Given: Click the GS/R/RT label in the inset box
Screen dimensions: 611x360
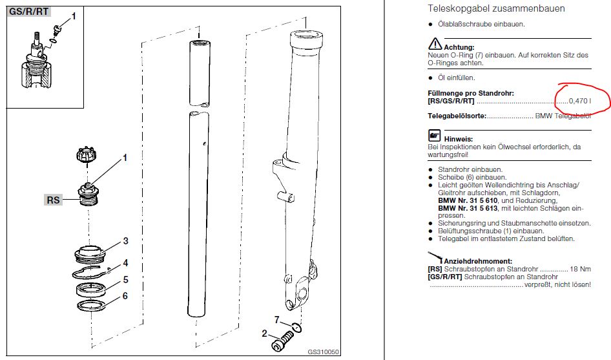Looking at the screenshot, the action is click(x=29, y=12).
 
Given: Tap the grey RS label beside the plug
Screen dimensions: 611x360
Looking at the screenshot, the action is click(x=53, y=200).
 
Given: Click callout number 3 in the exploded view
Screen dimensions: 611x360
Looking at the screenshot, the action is click(x=125, y=241).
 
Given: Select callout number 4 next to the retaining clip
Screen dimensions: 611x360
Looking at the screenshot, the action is click(x=125, y=263).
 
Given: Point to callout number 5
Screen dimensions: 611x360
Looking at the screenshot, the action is click(x=125, y=280).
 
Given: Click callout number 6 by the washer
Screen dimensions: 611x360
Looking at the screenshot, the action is click(x=125, y=296).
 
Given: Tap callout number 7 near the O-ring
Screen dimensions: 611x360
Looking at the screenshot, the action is click(x=276, y=320).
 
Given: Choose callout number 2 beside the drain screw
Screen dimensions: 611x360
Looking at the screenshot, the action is click(x=265, y=334).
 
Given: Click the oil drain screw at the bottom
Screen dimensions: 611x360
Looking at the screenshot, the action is click(x=282, y=341).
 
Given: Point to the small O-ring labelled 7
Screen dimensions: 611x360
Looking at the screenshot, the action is click(x=296, y=327).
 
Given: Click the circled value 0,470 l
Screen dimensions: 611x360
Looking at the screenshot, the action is click(x=580, y=101).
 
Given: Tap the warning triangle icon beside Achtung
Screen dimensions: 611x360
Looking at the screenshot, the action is click(x=435, y=44).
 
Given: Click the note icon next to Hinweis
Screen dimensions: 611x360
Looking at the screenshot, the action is click(x=435, y=135).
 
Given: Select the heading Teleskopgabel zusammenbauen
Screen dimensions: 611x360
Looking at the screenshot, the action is click(x=496, y=8).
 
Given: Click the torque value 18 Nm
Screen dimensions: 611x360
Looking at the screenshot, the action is click(x=580, y=269).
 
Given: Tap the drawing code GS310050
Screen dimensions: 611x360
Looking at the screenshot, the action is click(x=323, y=352).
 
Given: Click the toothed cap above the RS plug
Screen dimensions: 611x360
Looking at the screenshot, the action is click(x=87, y=155).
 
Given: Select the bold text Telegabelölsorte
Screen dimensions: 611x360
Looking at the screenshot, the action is click(x=457, y=116).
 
